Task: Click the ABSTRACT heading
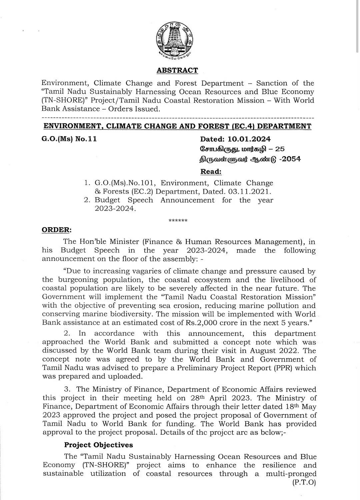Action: [177, 70]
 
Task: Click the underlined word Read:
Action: [211, 171]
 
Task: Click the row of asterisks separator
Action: [178, 221]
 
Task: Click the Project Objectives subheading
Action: [98, 445]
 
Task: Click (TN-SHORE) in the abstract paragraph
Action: [62, 100]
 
